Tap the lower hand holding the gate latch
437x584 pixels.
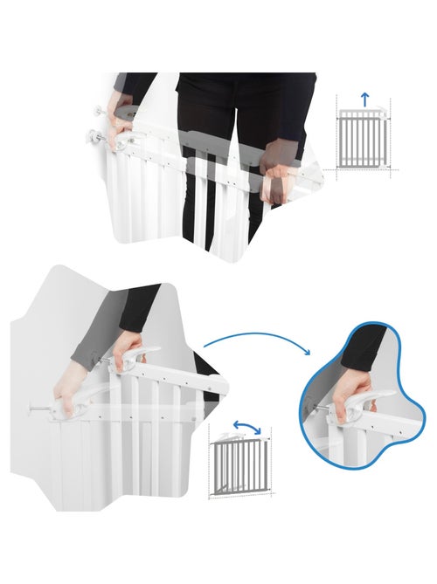(x=70, y=389)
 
